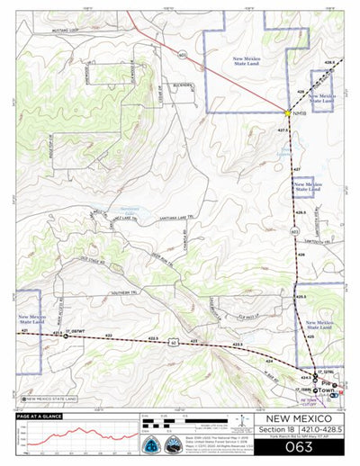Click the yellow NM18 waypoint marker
pos(287,113)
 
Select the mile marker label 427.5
pos(283,130)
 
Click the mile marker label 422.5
pos(153,338)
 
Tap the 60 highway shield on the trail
pos(175,343)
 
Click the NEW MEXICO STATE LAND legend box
pos(49,398)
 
